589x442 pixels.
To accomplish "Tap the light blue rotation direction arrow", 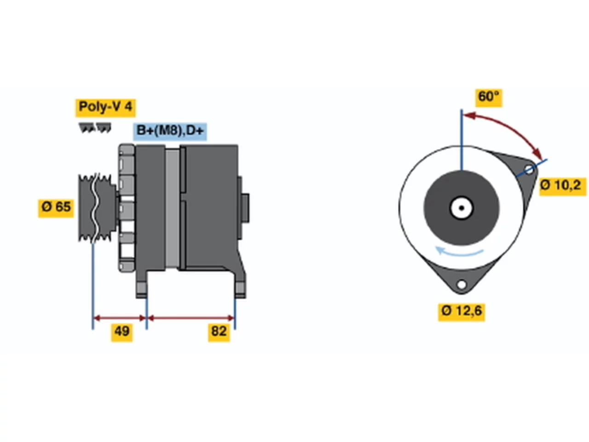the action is click(459, 252).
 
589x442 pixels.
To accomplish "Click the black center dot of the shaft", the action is click(462, 208).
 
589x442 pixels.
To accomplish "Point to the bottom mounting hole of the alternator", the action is click(462, 284).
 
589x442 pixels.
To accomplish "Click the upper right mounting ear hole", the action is click(529, 169).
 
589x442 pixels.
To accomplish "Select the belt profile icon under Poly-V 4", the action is click(95, 128).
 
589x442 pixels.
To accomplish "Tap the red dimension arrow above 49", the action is click(119, 318).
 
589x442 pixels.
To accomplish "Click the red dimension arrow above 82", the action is click(191, 318).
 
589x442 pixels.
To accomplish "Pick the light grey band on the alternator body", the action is click(172, 208).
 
